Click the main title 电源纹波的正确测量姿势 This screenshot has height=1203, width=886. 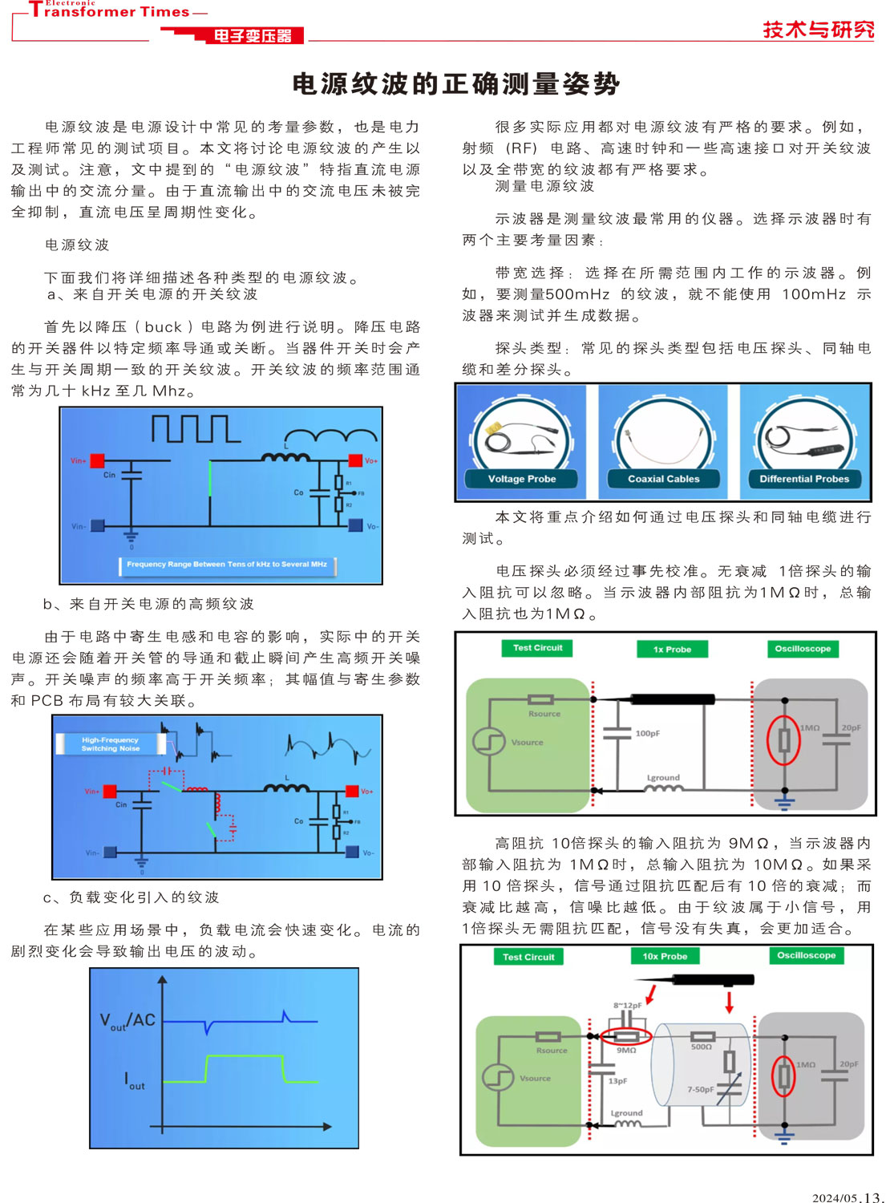point(455,83)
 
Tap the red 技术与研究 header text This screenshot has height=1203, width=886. point(818,30)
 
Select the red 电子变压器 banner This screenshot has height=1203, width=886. point(253,36)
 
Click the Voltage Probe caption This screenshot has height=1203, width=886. point(522,479)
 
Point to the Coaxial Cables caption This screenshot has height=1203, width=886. point(663,479)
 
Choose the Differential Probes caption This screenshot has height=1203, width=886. point(804,479)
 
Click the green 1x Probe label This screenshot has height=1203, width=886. point(672,649)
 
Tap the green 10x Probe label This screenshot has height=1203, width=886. point(665,956)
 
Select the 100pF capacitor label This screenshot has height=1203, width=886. point(648,733)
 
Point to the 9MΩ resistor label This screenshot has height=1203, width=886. point(626,1050)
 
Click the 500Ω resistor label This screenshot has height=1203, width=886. point(702,1047)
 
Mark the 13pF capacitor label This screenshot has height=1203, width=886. point(617,1081)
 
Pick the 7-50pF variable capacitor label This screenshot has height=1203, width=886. point(700,1089)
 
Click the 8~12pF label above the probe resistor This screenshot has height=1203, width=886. point(627,1005)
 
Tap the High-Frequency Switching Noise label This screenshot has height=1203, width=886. point(111,744)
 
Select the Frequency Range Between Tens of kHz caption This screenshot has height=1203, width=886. point(227,565)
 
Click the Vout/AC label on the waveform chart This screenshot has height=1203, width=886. point(127,1021)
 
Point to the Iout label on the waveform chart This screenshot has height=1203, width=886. point(135,1080)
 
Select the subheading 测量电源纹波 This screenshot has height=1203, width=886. point(544,186)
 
